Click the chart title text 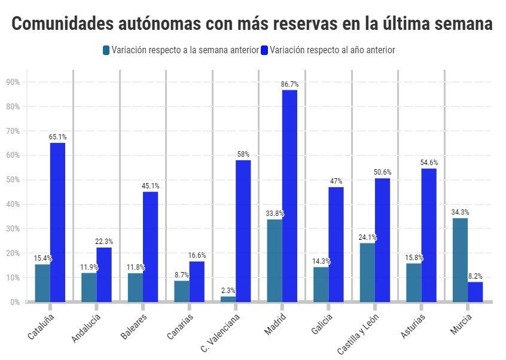[252, 24]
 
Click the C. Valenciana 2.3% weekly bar [228, 299]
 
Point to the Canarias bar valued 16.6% [197, 282]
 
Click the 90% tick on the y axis [13, 82]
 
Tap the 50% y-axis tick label [13, 180]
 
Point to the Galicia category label [321, 324]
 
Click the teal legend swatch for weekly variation [106, 50]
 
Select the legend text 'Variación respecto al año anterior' [332, 50]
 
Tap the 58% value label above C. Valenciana [243, 154]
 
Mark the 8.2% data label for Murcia [475, 276]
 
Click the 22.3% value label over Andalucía [104, 242]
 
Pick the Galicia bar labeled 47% [336, 245]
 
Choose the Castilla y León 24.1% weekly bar [367, 272]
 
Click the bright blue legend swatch [264, 50]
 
